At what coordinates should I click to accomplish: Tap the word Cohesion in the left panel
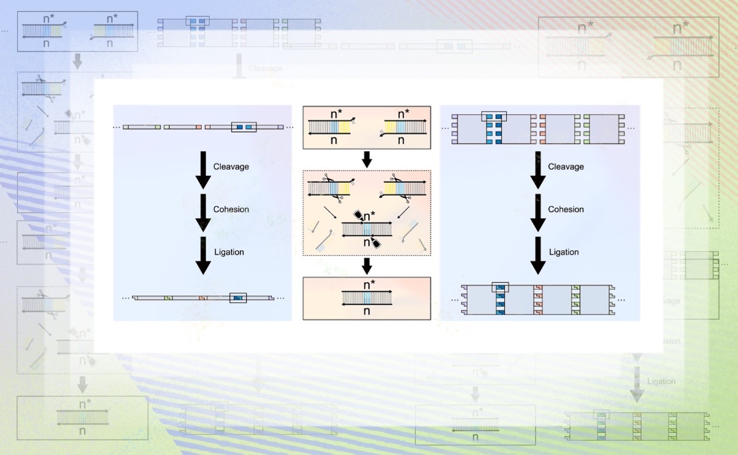point(231,210)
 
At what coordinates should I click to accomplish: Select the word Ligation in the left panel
point(229,252)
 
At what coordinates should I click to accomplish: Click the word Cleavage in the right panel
point(566,167)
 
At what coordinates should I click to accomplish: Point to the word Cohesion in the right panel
point(566,210)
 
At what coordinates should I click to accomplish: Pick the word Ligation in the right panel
point(564,252)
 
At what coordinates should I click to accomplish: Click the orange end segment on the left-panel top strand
point(198,128)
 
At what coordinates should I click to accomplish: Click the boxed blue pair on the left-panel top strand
point(244,128)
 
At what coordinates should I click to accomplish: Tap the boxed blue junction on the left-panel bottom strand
point(238,298)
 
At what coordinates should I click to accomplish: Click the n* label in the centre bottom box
point(367,285)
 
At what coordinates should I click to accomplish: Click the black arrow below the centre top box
point(367,159)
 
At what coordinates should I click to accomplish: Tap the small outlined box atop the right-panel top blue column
point(494,116)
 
